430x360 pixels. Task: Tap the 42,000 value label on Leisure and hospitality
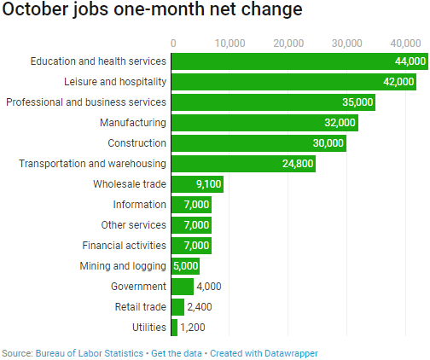(396, 82)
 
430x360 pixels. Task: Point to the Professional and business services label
(86, 102)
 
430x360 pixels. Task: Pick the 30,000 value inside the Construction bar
(328, 143)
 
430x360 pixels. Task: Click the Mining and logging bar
(185, 266)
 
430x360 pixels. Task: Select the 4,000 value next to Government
(210, 287)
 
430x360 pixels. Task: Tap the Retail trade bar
(177, 307)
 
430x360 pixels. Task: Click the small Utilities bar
(174, 328)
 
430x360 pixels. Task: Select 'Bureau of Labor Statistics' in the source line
(89, 352)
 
